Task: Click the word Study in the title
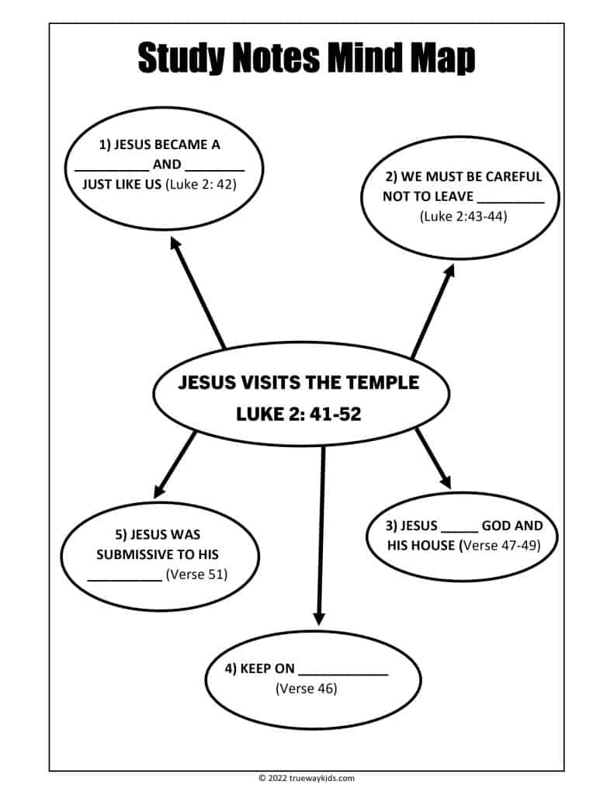click(x=180, y=59)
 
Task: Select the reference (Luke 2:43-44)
click(x=463, y=217)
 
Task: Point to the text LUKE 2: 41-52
click(x=299, y=414)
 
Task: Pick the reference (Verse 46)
click(x=306, y=688)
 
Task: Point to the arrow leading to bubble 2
click(x=432, y=311)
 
